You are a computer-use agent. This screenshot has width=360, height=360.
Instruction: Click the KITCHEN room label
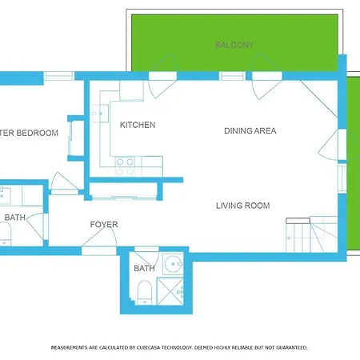[138, 125]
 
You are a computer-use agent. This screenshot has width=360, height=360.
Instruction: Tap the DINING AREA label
[250, 131]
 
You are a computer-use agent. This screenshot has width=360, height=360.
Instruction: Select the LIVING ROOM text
[243, 206]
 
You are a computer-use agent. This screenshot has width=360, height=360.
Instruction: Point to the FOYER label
[104, 225]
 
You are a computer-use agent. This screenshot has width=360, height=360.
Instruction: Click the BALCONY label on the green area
[234, 45]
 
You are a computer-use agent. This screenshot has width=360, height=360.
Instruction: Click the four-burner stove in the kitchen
[125, 166]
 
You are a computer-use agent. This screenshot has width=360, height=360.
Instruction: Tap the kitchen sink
[100, 114]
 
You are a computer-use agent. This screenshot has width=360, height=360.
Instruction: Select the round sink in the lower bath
[173, 264]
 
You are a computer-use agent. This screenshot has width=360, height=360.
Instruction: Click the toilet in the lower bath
[145, 293]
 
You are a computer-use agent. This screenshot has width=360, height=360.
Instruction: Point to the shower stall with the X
[170, 291]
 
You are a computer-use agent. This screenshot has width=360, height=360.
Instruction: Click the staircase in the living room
[312, 235]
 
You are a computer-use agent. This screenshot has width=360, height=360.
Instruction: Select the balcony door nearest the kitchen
[162, 76]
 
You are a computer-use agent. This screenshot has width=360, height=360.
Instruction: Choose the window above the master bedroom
[59, 76]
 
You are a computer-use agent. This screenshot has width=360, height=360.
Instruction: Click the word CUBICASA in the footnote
[147, 348]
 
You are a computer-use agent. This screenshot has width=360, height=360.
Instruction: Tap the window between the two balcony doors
[232, 76]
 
